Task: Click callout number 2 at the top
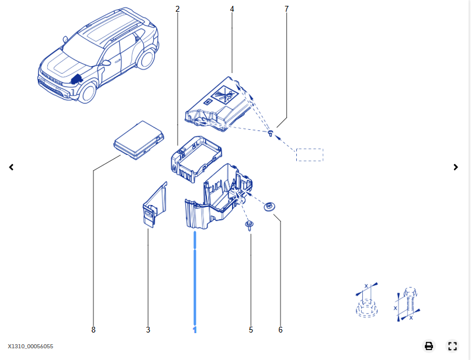tap(178, 9)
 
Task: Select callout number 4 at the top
tap(232, 9)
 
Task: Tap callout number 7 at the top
tap(286, 9)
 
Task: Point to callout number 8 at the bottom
tap(93, 330)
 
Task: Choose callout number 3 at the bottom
tap(148, 330)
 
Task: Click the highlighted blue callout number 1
tap(195, 330)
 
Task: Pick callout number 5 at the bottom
tap(251, 330)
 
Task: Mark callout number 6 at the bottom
tap(280, 330)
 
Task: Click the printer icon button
tap(429, 346)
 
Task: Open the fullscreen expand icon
tap(452, 346)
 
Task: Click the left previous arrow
tap(12, 167)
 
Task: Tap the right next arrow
tap(456, 167)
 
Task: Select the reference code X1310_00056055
tap(30, 347)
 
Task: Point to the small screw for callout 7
tap(271, 133)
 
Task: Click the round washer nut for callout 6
tap(269, 207)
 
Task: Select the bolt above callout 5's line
tap(250, 226)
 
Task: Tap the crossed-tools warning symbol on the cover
tap(224, 94)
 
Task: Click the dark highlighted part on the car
tap(77, 79)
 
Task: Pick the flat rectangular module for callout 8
tap(138, 140)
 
